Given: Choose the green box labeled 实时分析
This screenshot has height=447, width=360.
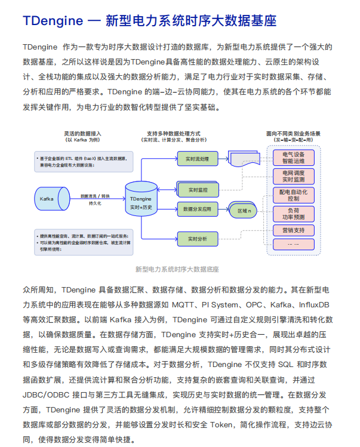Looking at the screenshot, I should pyautogui.click(x=193, y=239).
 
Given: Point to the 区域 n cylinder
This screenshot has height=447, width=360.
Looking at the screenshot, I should pyautogui.click(x=243, y=211).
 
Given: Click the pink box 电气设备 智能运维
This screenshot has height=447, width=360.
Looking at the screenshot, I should pyautogui.click(x=293, y=157).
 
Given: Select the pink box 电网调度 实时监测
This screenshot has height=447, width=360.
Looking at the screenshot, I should pyautogui.click(x=293, y=175).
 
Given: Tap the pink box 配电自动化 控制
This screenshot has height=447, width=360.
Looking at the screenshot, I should pyautogui.click(x=293, y=195).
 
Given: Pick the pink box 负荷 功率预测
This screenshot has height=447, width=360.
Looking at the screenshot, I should pyautogui.click(x=293, y=213).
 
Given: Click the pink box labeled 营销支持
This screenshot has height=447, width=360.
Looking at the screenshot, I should pyautogui.click(x=293, y=230).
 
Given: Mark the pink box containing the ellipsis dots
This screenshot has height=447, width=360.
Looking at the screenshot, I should pyautogui.click(x=293, y=243).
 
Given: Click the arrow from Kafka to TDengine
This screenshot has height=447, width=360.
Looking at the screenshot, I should pyautogui.click(x=96, y=198).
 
